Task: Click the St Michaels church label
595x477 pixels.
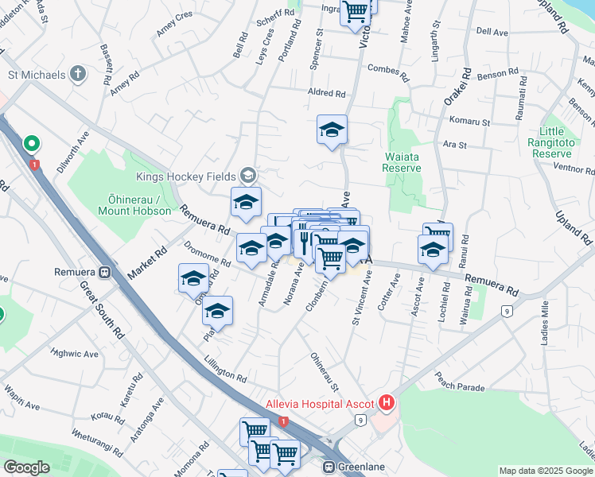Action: click(x=36, y=75)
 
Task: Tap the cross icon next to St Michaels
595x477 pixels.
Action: click(x=78, y=75)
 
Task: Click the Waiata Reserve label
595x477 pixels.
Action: click(x=401, y=161)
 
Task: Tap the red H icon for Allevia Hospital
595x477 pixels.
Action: click(x=387, y=403)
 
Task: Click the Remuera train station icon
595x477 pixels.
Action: click(x=104, y=270)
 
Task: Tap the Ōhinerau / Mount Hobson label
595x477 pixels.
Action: click(x=134, y=204)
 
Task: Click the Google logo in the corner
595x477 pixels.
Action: click(x=26, y=467)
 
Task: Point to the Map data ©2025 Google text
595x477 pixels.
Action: click(x=546, y=471)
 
